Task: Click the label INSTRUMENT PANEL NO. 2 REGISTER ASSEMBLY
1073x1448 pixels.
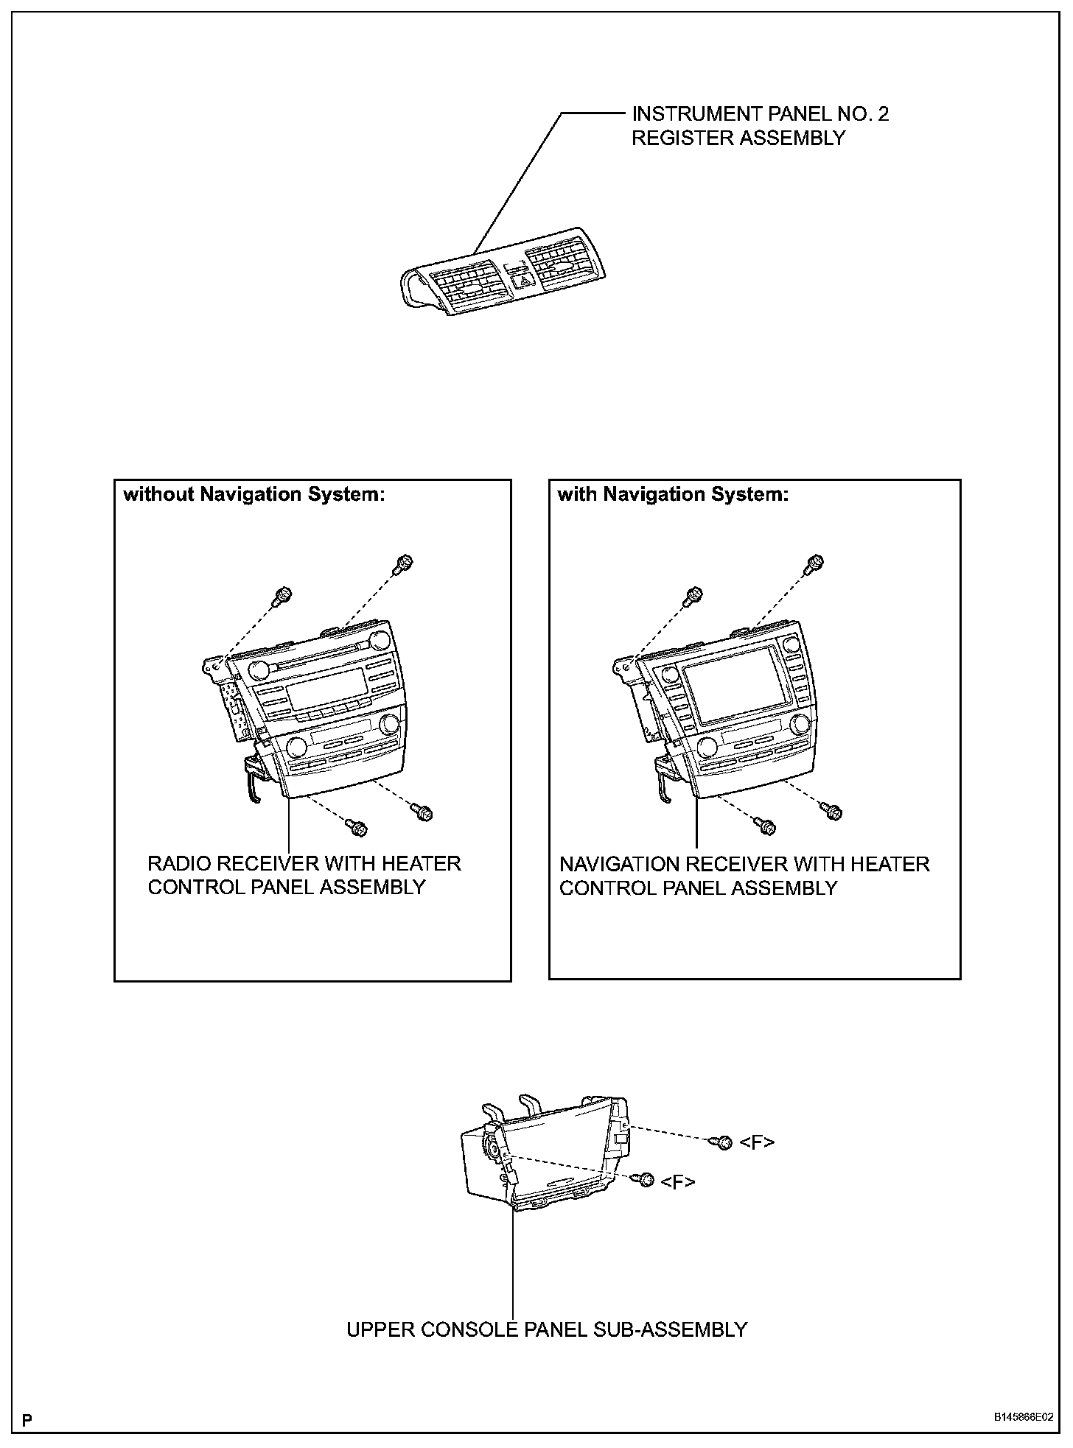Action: (759, 126)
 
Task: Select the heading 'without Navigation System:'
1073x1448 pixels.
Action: (254, 494)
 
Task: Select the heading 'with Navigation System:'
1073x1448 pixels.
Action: (673, 494)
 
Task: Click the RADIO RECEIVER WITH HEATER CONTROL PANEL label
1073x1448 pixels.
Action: (304, 875)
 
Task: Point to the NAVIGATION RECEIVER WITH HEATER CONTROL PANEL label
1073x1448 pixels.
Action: (744, 876)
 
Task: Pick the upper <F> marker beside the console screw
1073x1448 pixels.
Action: (757, 1142)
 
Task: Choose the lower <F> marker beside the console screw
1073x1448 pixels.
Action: (678, 1182)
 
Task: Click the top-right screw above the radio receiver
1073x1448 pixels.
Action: (403, 563)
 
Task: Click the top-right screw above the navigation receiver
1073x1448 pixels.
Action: (814, 563)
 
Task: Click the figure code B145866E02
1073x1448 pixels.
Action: (1023, 1417)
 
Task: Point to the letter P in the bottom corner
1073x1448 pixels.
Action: (27, 1419)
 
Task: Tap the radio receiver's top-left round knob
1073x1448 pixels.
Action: (259, 669)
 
